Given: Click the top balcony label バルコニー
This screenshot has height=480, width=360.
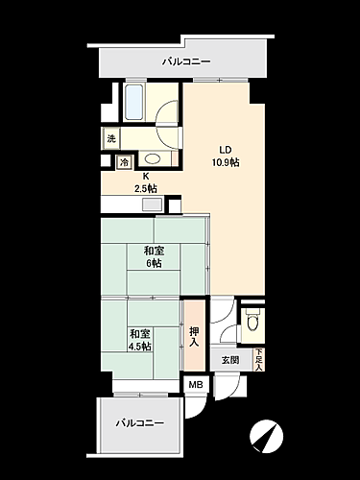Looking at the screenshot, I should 181,61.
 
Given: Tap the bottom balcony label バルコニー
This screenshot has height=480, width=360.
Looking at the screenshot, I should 140,423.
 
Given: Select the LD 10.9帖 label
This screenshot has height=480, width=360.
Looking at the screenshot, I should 225,156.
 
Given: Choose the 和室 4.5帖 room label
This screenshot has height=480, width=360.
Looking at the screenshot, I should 141,338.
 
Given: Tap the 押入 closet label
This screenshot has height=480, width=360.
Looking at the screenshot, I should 195,334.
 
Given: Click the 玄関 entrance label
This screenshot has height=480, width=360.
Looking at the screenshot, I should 231,360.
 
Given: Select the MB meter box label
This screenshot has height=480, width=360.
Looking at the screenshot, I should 195,386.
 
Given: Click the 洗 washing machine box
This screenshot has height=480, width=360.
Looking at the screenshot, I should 112,139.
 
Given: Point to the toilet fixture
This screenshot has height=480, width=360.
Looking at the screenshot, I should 252,324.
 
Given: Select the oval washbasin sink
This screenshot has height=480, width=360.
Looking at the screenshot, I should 154,159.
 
